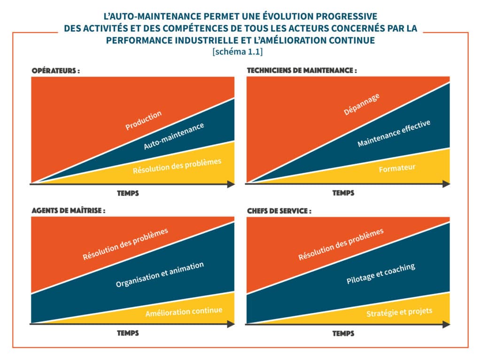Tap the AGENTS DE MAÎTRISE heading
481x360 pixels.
[x=68, y=211]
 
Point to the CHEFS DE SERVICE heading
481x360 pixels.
[x=279, y=211]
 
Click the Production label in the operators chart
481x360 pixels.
[x=143, y=120]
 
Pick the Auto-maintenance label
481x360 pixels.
[x=174, y=136]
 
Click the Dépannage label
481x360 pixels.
[x=361, y=104]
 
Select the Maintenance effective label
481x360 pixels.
[x=394, y=133]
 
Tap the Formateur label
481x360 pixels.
[x=397, y=168]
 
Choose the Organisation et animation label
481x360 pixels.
[x=160, y=274]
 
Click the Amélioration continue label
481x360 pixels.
[x=184, y=312]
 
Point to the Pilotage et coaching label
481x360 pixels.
[x=380, y=274]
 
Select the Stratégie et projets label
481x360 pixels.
[x=399, y=312]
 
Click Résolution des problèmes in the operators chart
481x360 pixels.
[x=177, y=165]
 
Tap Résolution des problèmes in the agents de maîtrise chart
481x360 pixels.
[x=125, y=244]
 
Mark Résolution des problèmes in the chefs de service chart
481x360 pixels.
[x=341, y=244]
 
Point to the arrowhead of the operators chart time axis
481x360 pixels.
[x=231, y=184]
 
